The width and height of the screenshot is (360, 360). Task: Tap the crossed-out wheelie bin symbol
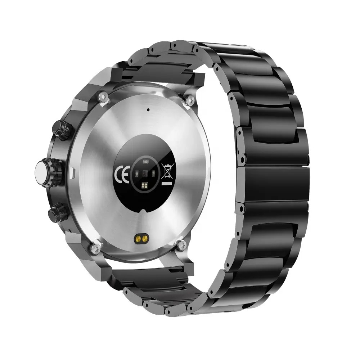pos(168,171)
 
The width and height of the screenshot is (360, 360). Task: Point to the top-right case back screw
pos(190,100)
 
